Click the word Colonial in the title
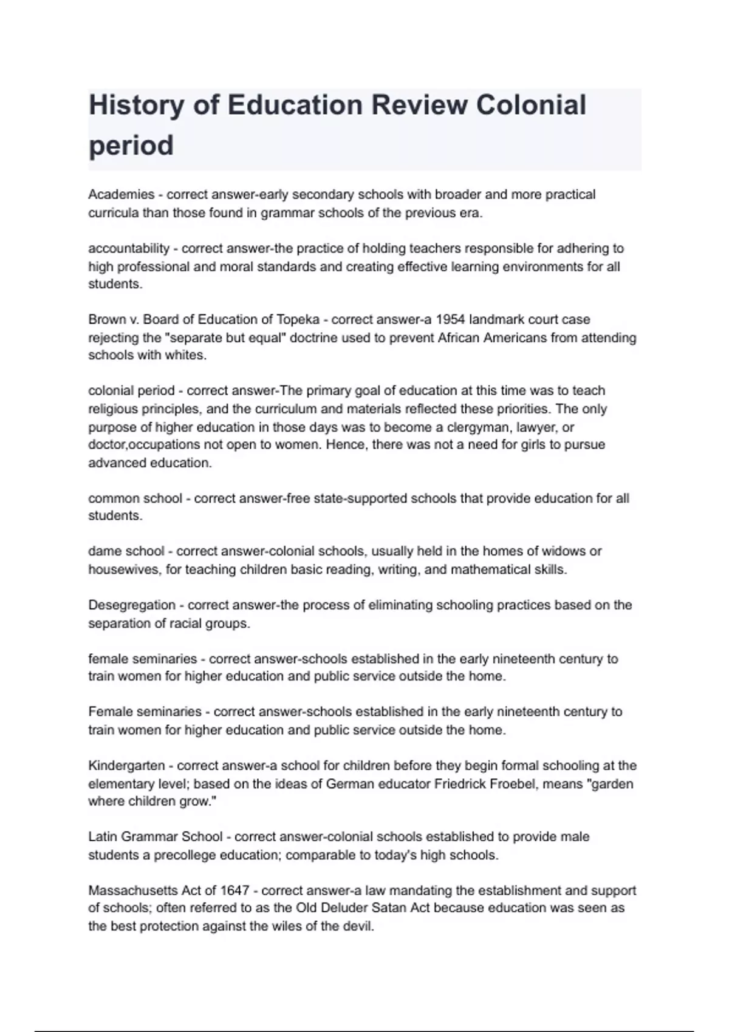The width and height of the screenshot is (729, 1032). click(x=531, y=105)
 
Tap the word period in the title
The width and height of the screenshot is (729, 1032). click(x=131, y=146)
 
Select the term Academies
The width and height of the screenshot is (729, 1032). click(x=122, y=194)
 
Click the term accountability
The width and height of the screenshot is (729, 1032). click(x=129, y=248)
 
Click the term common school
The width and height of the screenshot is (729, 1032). click(x=135, y=498)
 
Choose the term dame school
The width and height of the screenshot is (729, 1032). click(x=126, y=551)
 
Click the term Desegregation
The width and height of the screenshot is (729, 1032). click(x=132, y=605)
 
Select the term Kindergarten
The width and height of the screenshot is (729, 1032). click(x=126, y=766)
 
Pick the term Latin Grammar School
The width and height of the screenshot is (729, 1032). click(x=156, y=837)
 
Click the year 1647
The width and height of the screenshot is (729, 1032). click(x=234, y=891)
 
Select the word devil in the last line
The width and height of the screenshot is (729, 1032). click(x=358, y=926)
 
